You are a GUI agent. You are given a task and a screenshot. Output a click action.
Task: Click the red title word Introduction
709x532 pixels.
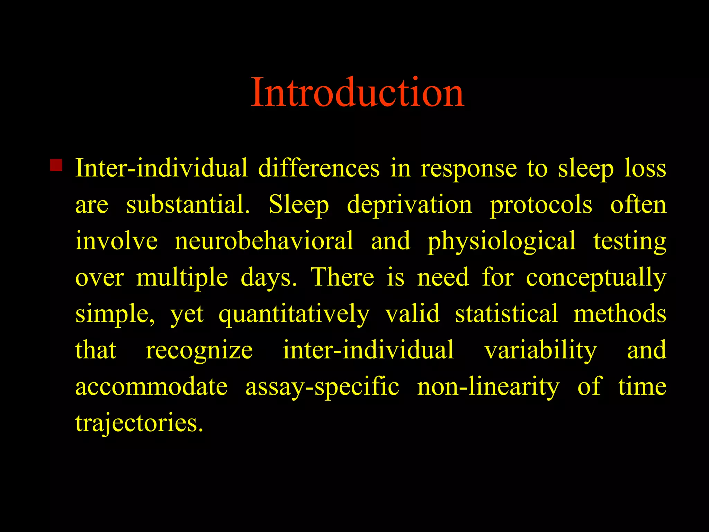click(x=357, y=92)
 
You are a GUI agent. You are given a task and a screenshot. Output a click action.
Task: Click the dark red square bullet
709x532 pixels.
click(x=56, y=165)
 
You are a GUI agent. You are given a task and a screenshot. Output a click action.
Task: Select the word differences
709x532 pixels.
click(x=318, y=168)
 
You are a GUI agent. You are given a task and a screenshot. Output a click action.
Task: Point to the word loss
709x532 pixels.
click(x=645, y=168)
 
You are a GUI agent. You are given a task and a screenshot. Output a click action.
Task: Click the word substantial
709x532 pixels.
click(x=188, y=205)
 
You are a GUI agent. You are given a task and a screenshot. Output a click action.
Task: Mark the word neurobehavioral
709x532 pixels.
click(x=264, y=241)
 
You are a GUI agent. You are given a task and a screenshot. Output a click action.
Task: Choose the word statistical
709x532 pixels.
click(x=506, y=314)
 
